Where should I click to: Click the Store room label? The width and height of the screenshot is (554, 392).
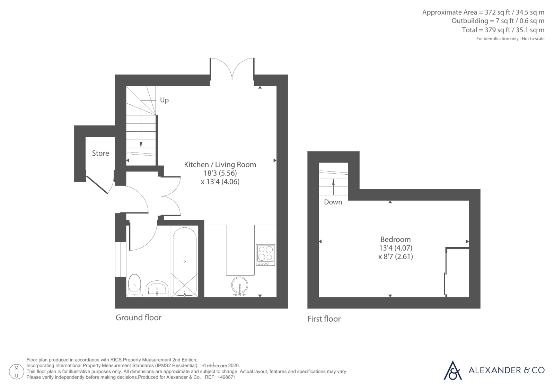(x=100, y=153)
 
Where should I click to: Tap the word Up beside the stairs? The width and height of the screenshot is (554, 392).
(x=164, y=100)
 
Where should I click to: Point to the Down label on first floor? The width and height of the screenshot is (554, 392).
(x=333, y=202)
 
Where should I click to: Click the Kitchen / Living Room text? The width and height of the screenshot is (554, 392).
(x=220, y=165)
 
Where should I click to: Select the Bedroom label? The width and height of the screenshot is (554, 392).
(x=395, y=239)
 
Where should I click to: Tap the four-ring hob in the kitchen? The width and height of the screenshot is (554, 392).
(x=266, y=255)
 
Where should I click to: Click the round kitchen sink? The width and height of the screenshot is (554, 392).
(x=239, y=286)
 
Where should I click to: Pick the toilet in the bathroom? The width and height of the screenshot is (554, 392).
(x=134, y=285)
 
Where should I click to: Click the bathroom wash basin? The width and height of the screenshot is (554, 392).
(x=157, y=289)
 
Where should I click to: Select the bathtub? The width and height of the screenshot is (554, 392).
(x=185, y=262)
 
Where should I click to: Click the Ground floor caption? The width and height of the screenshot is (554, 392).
(x=139, y=317)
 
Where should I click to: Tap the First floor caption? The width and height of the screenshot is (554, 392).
(x=324, y=319)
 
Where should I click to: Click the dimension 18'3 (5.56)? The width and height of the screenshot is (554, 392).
(x=220, y=173)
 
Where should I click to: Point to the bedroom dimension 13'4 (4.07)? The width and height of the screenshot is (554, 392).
(x=396, y=248)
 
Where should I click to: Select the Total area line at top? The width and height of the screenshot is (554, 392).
(x=503, y=30)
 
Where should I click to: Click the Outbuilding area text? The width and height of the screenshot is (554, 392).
(x=498, y=21)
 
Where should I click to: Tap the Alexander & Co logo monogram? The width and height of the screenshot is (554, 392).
(x=452, y=371)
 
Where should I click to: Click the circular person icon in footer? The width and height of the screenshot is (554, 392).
(x=16, y=372)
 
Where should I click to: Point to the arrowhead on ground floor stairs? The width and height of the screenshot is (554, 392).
(x=141, y=145)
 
